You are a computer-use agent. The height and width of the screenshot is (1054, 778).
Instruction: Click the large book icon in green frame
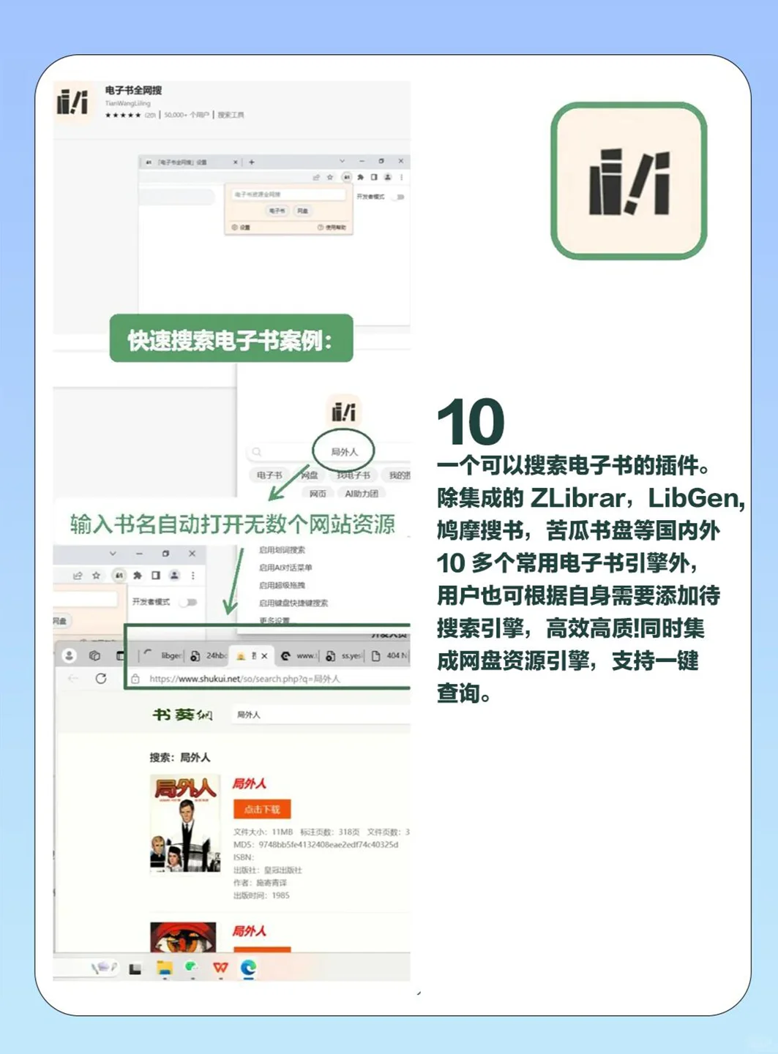click(629, 181)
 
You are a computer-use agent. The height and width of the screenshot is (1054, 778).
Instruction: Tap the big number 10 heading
click(471, 422)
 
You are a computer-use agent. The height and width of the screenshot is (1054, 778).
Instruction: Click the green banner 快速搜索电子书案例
click(231, 339)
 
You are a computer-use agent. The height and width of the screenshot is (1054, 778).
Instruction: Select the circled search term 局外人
click(344, 452)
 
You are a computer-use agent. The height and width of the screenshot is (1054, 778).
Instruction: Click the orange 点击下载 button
click(262, 810)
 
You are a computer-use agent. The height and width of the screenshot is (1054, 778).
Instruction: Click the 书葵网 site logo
click(182, 715)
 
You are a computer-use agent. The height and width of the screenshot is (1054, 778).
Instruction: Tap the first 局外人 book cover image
click(185, 824)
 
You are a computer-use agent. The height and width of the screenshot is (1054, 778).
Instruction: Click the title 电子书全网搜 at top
click(133, 91)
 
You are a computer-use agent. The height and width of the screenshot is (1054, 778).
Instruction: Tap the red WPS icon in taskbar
click(220, 968)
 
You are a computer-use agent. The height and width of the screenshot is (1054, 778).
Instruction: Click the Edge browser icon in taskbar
click(249, 968)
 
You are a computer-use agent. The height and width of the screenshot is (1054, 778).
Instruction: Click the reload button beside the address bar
click(101, 679)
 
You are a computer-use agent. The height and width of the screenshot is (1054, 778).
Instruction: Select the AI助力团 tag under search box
click(362, 494)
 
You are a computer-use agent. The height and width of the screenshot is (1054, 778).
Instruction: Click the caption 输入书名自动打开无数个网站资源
click(232, 524)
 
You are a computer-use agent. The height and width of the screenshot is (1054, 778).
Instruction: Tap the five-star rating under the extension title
click(123, 115)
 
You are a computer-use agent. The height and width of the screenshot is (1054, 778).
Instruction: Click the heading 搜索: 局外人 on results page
click(179, 757)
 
